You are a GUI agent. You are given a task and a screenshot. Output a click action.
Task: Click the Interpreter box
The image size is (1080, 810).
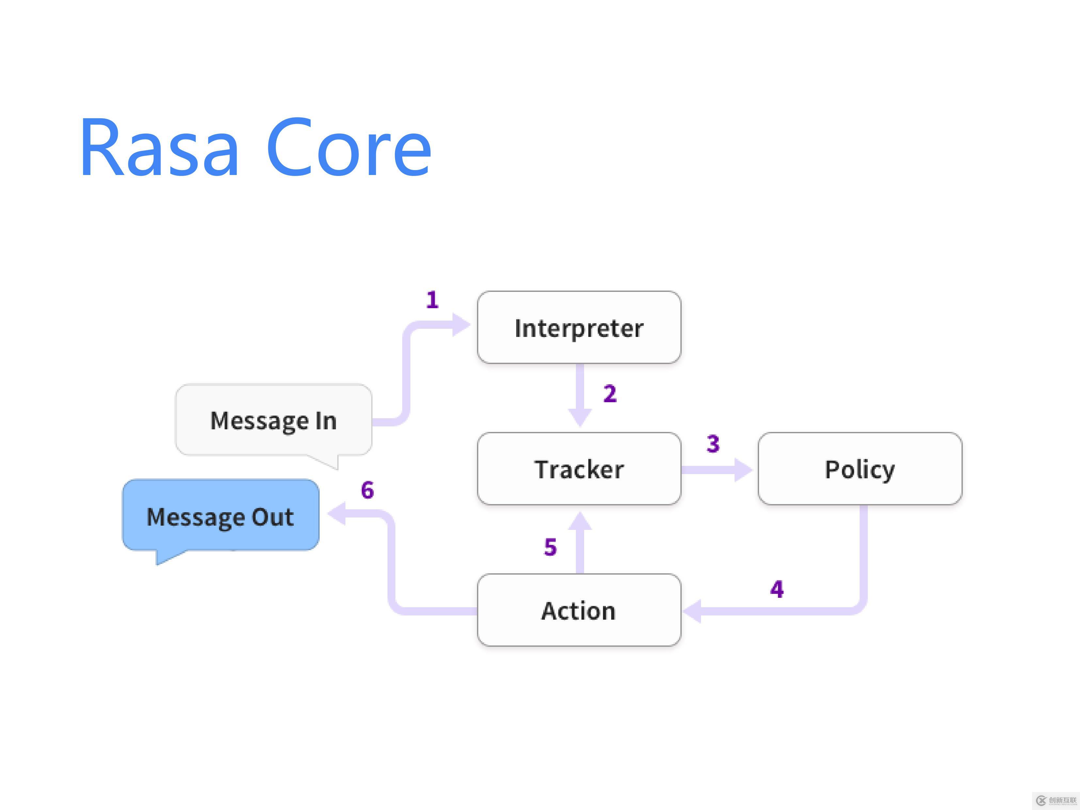(579, 327)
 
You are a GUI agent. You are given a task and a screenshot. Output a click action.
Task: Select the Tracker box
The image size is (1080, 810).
(579, 469)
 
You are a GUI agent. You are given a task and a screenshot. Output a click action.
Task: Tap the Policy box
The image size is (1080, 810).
(860, 469)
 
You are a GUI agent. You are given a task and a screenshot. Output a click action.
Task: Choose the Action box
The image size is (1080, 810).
(579, 610)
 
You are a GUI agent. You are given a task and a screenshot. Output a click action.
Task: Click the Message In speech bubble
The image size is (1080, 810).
(273, 420)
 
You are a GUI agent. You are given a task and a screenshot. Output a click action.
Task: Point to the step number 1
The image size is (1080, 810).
(432, 300)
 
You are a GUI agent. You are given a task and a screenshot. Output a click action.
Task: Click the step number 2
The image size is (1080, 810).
(610, 393)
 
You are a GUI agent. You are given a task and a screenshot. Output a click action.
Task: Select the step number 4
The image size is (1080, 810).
(777, 589)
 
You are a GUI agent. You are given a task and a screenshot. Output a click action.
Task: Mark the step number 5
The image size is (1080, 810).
(550, 547)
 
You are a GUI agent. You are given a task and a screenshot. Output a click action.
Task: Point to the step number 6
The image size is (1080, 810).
(367, 490)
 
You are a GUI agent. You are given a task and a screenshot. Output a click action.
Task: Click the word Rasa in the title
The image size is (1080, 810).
(159, 148)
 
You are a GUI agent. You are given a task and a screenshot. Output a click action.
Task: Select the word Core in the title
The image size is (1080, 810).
(349, 148)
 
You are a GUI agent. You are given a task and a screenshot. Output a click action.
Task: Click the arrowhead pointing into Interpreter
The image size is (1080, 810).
(461, 325)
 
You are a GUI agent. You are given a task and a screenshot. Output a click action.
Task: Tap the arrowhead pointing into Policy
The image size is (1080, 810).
(743, 470)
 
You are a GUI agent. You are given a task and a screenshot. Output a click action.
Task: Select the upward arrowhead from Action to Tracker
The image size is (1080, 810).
(580, 521)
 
